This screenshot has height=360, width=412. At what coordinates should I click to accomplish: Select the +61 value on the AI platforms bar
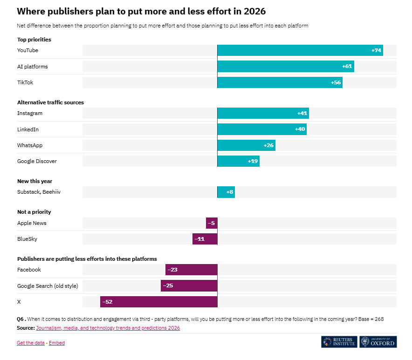(x=347, y=67)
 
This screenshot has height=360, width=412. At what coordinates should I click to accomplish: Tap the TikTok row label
(x=25, y=82)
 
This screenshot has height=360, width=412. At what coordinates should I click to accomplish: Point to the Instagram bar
(x=263, y=113)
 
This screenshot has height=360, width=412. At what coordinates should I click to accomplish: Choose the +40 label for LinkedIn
(x=300, y=129)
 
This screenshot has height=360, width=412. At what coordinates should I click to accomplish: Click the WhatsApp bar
(x=246, y=145)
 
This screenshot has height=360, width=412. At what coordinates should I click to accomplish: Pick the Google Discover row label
(x=37, y=161)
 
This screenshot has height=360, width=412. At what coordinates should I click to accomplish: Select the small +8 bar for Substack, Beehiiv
(x=226, y=192)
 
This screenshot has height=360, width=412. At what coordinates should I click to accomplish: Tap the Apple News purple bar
(x=212, y=223)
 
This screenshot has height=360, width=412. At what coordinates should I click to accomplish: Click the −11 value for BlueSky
(x=199, y=239)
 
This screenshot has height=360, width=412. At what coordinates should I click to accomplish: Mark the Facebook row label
(x=29, y=270)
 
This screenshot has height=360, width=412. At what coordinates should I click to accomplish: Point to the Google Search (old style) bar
(x=189, y=285)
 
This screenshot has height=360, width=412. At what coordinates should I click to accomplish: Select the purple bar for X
(x=158, y=302)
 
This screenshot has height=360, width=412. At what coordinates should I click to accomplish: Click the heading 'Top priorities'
(x=34, y=40)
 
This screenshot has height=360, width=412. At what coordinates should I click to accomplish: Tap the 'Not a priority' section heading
(x=34, y=212)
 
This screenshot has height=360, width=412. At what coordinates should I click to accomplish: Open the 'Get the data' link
(x=31, y=343)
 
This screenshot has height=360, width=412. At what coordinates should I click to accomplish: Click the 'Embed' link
(x=57, y=343)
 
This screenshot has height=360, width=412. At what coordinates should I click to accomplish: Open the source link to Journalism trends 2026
(x=108, y=328)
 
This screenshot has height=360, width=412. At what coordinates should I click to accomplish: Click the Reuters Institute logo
(x=339, y=342)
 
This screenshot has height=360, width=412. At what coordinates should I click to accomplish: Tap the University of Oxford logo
(x=378, y=342)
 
